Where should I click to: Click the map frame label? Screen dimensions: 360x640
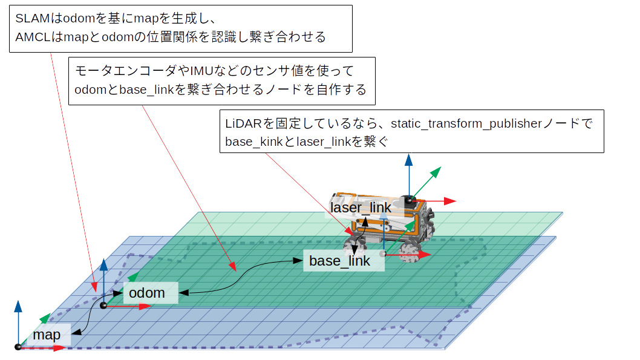click(x=47, y=335)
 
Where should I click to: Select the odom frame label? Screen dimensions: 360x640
click(x=147, y=293)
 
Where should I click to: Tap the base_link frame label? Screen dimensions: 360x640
click(x=339, y=261)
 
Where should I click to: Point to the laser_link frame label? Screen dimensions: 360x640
click(x=361, y=208)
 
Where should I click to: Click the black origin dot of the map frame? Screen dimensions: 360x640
click(x=18, y=347)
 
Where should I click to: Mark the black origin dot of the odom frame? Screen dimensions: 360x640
click(x=103, y=306)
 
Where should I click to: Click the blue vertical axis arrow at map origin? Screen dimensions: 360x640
click(x=18, y=321)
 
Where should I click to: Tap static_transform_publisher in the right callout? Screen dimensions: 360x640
click(x=465, y=124)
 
